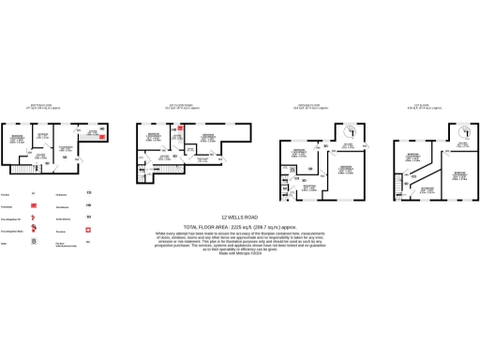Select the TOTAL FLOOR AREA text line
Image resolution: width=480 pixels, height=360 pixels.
pos(239,226)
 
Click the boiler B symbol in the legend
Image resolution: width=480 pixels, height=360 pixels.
pos(35,240)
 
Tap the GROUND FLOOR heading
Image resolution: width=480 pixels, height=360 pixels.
pos(310,105)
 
